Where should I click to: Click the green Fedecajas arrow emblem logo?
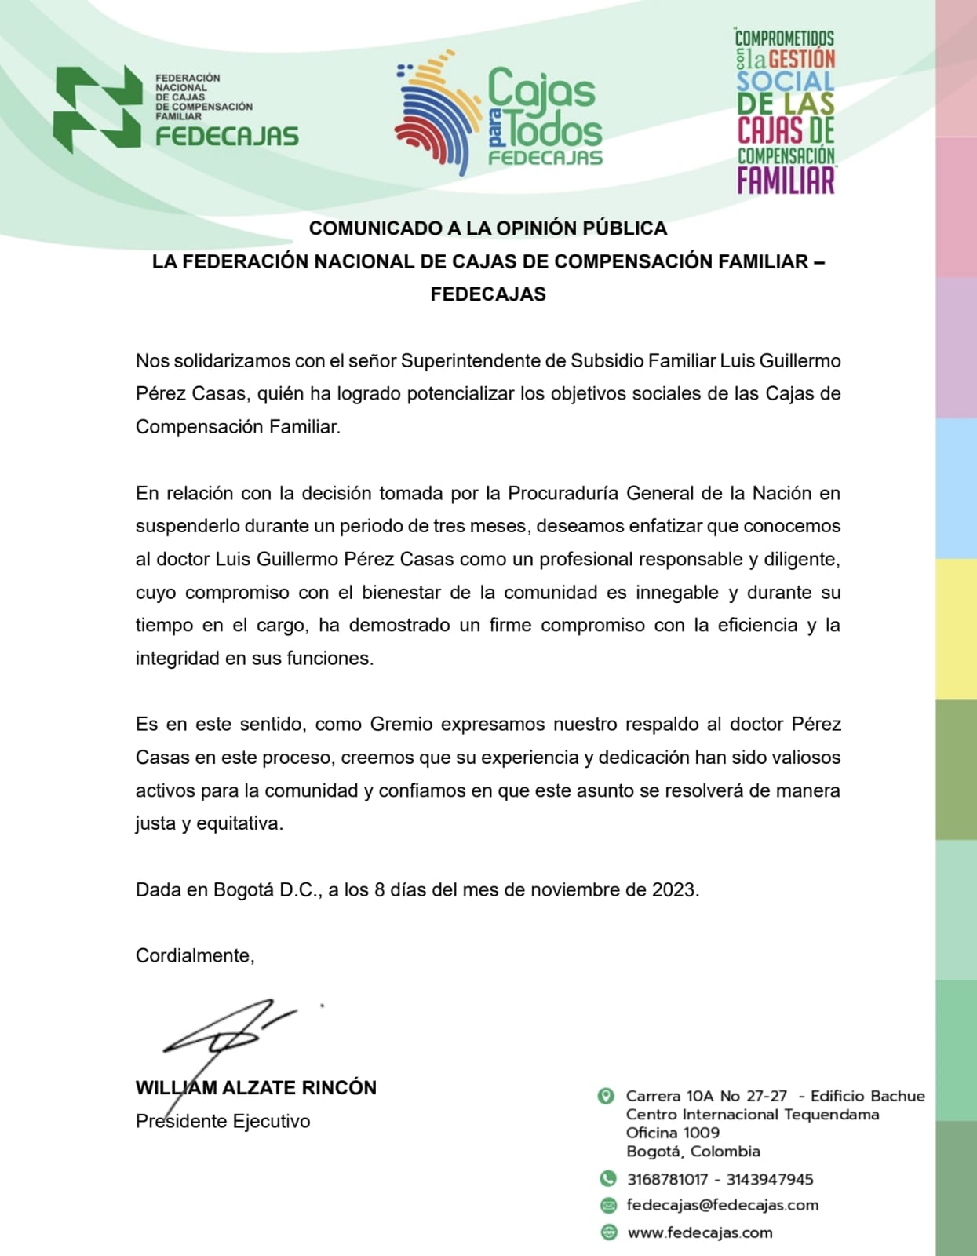[98, 108]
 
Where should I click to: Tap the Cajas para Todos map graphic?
[436, 110]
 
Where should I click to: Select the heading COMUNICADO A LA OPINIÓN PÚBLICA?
[487, 228]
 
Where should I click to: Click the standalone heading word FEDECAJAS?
[487, 294]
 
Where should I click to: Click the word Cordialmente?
[195, 956]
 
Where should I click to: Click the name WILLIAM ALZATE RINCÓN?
[256, 1088]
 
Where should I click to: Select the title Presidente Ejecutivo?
[223, 1122]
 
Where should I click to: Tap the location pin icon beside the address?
[606, 1096]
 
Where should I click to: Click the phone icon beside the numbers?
[607, 1178]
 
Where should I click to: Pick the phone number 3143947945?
[769, 1179]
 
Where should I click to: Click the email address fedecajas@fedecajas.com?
[722, 1205]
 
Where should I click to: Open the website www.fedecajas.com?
[699, 1232]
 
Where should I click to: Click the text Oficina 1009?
[673, 1133]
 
